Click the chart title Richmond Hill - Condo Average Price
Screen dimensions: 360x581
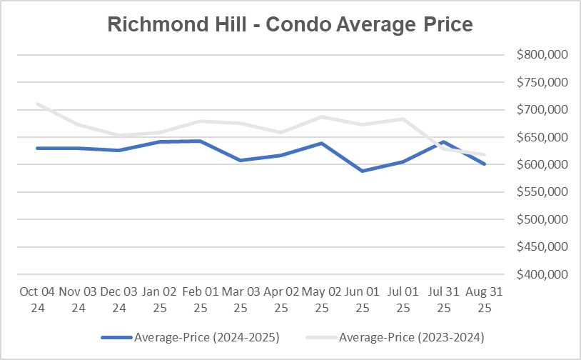(290, 24)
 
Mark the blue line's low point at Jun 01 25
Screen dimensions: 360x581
(363, 171)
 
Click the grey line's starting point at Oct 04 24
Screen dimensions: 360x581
(37, 104)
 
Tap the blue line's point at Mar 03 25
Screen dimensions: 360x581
(241, 160)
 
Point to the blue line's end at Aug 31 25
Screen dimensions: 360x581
(485, 164)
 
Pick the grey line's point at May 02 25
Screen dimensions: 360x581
(322, 116)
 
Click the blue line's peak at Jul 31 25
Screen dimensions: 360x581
(444, 141)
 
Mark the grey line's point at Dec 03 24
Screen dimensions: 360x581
(118, 136)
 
